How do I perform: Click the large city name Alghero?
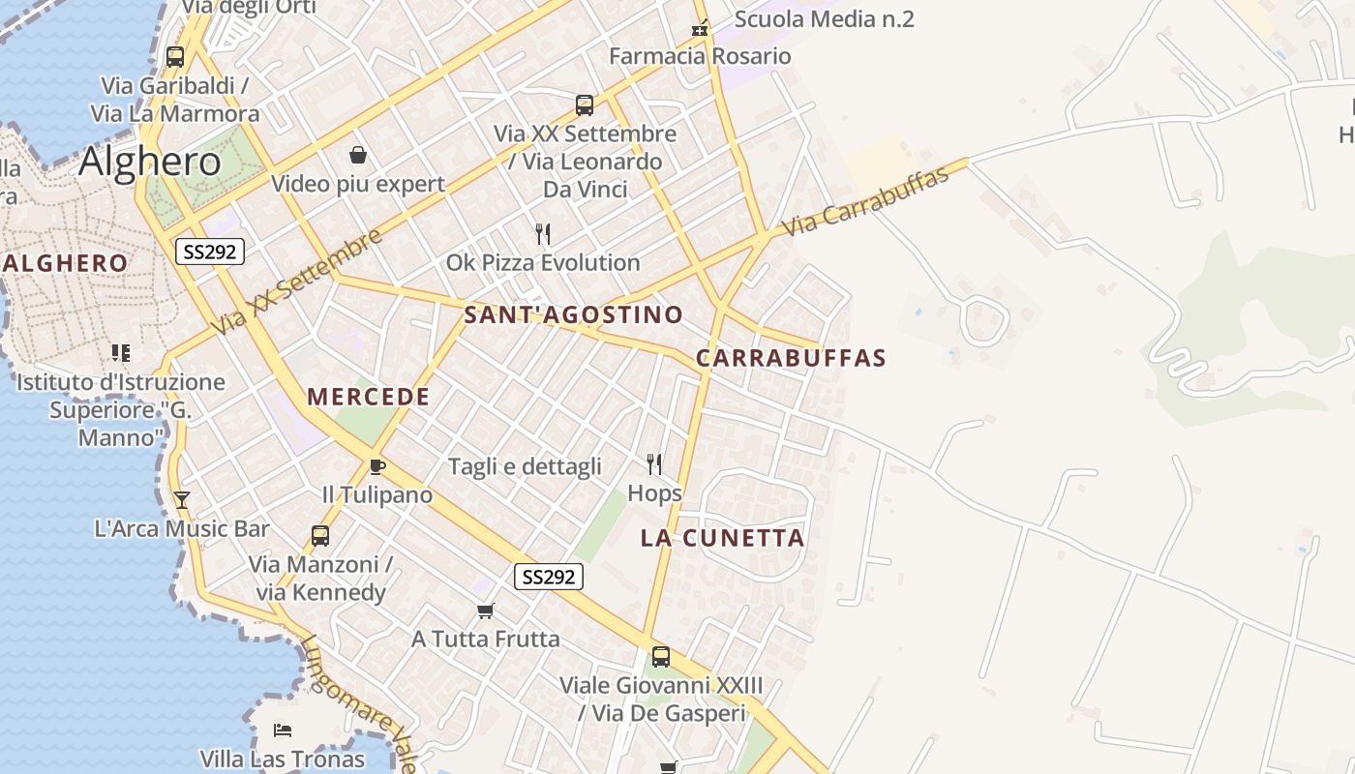[x=149, y=161]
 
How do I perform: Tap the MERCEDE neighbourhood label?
[x=368, y=397]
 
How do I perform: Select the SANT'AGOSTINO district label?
[x=573, y=314]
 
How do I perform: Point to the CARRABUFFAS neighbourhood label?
[x=791, y=358]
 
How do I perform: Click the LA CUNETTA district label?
[x=722, y=539]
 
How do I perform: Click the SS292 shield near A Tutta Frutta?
[x=548, y=578]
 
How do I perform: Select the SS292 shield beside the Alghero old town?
[x=210, y=253]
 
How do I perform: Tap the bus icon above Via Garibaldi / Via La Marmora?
[x=175, y=56]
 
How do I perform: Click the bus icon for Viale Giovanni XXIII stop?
[x=661, y=657]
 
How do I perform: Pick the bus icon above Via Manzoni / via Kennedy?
[x=320, y=535]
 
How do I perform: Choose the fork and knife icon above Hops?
[x=654, y=464]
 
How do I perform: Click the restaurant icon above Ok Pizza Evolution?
[x=543, y=233]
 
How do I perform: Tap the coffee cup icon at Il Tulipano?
[x=377, y=467]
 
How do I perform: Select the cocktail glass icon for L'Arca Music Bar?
[x=181, y=500]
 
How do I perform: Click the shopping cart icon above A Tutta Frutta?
[x=486, y=610]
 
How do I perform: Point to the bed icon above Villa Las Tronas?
[x=283, y=729]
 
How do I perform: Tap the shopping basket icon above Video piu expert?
[x=358, y=155]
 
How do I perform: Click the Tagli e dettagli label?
[x=525, y=467]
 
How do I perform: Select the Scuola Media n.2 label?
[x=824, y=19]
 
